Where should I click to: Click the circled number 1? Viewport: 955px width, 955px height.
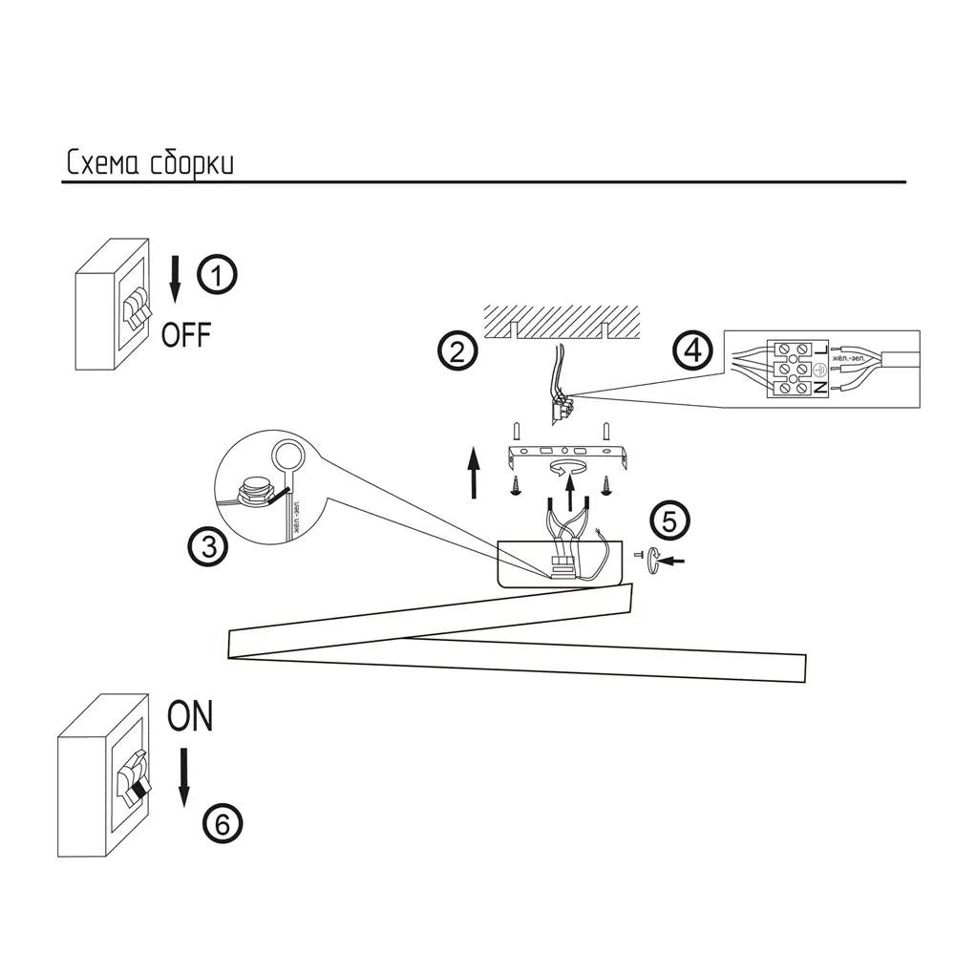(218, 276)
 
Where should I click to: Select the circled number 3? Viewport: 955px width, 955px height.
(207, 546)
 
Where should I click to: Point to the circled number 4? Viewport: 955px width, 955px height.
(692, 350)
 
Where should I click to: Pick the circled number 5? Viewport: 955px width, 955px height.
(668, 521)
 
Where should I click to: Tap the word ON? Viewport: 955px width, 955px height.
(190, 716)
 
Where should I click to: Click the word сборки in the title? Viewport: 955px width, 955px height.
(192, 163)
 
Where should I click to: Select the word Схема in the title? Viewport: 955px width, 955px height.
(103, 163)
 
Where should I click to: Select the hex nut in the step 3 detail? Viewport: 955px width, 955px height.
(253, 493)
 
